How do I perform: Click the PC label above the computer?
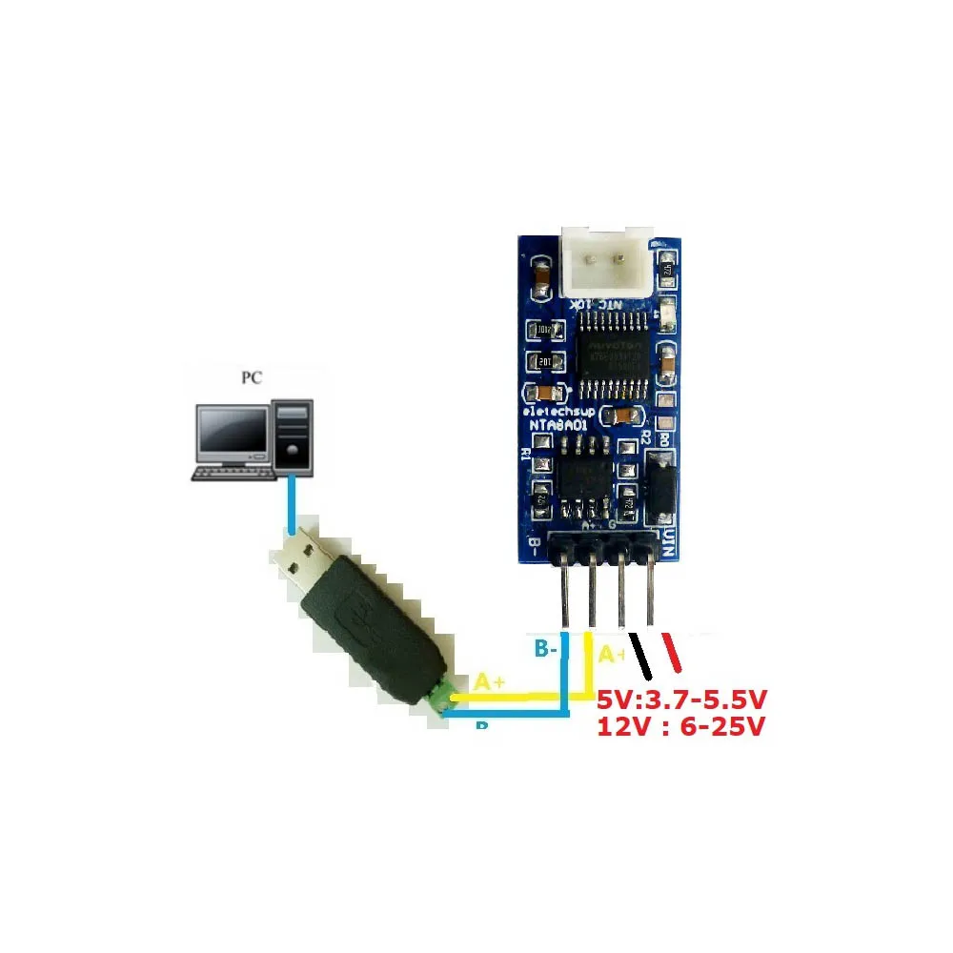click(x=251, y=377)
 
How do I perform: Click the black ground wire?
click(x=636, y=653)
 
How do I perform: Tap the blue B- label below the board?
click(x=546, y=650)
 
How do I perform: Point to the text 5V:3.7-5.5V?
click(x=681, y=701)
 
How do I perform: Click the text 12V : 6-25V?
click(x=680, y=727)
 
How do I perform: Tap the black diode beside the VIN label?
click(x=659, y=490)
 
